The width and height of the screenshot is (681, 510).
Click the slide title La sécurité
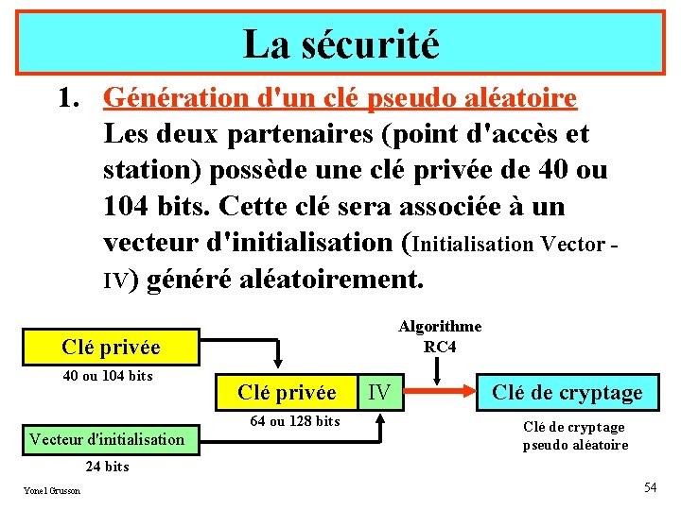click(x=340, y=43)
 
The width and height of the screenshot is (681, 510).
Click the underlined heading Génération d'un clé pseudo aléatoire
click(x=340, y=98)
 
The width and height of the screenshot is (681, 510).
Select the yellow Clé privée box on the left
click(x=111, y=348)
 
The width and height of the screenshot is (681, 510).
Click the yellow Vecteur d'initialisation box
click(x=107, y=438)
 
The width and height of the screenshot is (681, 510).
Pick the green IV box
click(x=378, y=392)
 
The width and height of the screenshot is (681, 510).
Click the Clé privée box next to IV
click(x=287, y=392)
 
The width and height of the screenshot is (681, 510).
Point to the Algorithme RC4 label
click(x=440, y=336)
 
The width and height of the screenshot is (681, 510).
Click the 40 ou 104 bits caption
click(x=107, y=376)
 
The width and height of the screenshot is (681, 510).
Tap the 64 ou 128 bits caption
click(x=294, y=421)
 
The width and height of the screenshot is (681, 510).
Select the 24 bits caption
click(x=107, y=467)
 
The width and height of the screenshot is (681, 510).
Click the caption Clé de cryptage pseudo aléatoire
click(x=575, y=435)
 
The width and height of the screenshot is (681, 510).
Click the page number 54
click(x=650, y=487)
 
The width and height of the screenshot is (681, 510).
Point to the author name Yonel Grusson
click(x=52, y=490)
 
